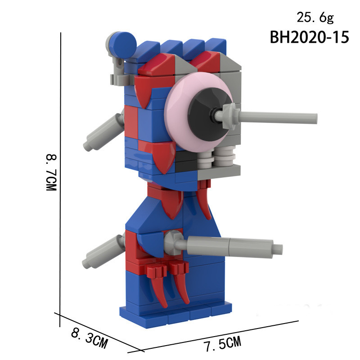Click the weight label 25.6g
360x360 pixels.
pos(315,18)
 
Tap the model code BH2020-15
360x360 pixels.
pos(309,37)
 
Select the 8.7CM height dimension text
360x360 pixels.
pos(51,172)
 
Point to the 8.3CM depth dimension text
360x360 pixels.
pos(89,338)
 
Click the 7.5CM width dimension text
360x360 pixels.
pos(223,344)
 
